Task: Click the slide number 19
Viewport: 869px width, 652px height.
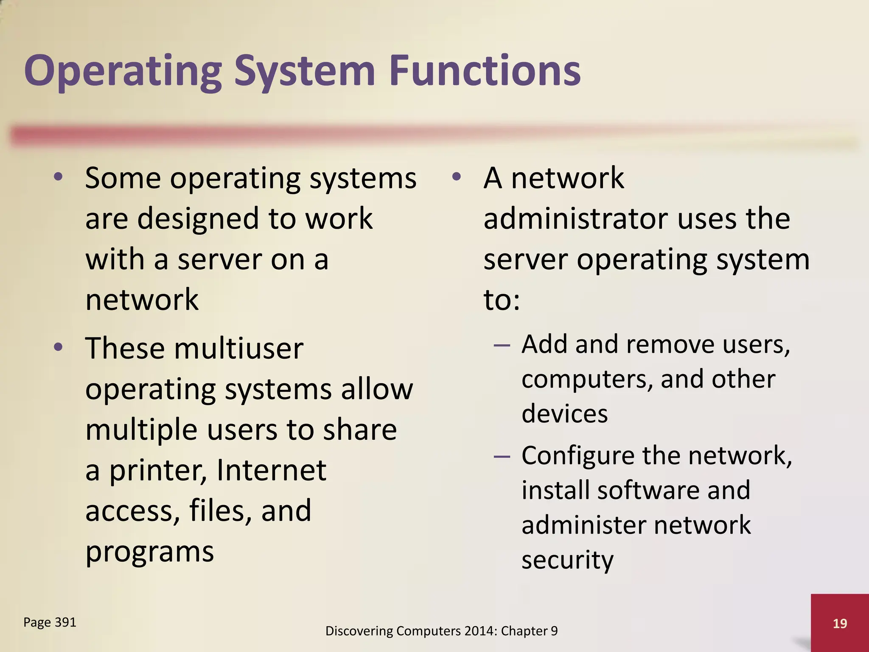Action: (840, 624)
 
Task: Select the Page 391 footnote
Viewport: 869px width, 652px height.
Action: (50, 622)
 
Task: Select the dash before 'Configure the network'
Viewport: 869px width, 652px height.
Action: (502, 456)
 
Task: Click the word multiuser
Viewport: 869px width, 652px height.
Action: (238, 348)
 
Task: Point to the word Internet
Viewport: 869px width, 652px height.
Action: (272, 470)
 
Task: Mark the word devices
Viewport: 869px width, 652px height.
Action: (564, 413)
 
